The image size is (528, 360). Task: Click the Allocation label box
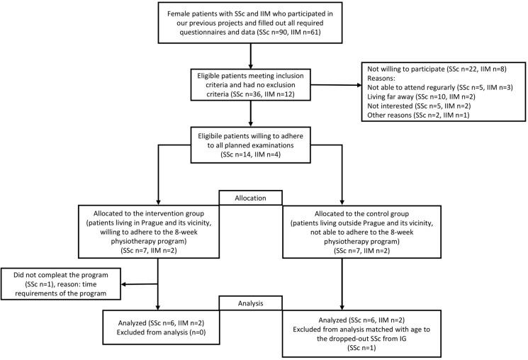(250, 198)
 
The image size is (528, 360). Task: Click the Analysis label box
(250, 303)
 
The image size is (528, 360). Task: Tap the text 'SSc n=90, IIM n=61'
(288, 33)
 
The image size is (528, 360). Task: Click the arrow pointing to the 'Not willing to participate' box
(336, 85)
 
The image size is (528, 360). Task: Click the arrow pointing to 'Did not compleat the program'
(140, 284)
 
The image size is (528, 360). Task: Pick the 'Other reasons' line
(418, 116)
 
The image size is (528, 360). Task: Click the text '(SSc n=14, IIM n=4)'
(250, 154)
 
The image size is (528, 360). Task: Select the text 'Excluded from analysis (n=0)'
(161, 332)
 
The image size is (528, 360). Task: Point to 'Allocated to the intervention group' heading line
(149, 213)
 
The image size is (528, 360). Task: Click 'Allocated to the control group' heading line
(361, 213)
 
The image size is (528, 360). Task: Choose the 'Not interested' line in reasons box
(419, 106)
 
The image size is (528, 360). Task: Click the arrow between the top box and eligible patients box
(250, 56)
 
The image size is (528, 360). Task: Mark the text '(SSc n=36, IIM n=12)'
(263, 94)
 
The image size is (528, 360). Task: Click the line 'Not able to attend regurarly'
(440, 88)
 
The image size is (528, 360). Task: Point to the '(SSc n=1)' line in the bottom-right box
(361, 347)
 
